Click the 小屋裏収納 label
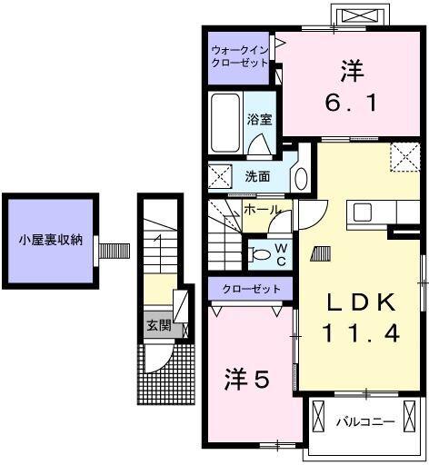52,241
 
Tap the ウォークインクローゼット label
239,56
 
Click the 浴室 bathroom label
258,118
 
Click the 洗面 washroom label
257,176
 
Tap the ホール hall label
261,210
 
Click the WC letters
282,253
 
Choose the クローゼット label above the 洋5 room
251,289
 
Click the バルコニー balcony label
364,422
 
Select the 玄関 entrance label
158,325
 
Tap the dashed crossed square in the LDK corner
404,157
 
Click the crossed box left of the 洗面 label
220,175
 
